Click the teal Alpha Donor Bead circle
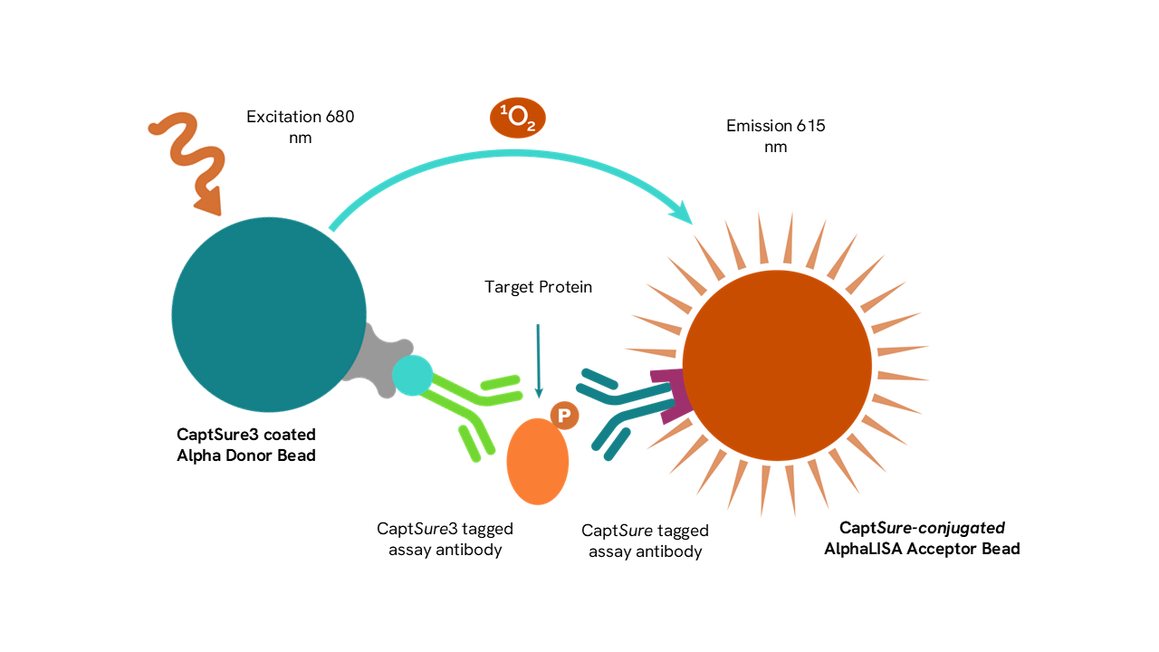(268, 314)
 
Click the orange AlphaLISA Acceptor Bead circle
(777, 364)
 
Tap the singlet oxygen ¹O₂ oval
(518, 119)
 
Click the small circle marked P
(564, 416)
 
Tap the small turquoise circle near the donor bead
(413, 375)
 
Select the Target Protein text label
(538, 287)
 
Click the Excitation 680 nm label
(300, 127)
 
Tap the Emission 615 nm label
(776, 136)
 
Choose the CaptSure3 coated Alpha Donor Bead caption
(246, 446)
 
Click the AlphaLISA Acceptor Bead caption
(922, 538)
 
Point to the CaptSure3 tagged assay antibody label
(445, 539)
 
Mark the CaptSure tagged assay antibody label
(645, 541)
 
